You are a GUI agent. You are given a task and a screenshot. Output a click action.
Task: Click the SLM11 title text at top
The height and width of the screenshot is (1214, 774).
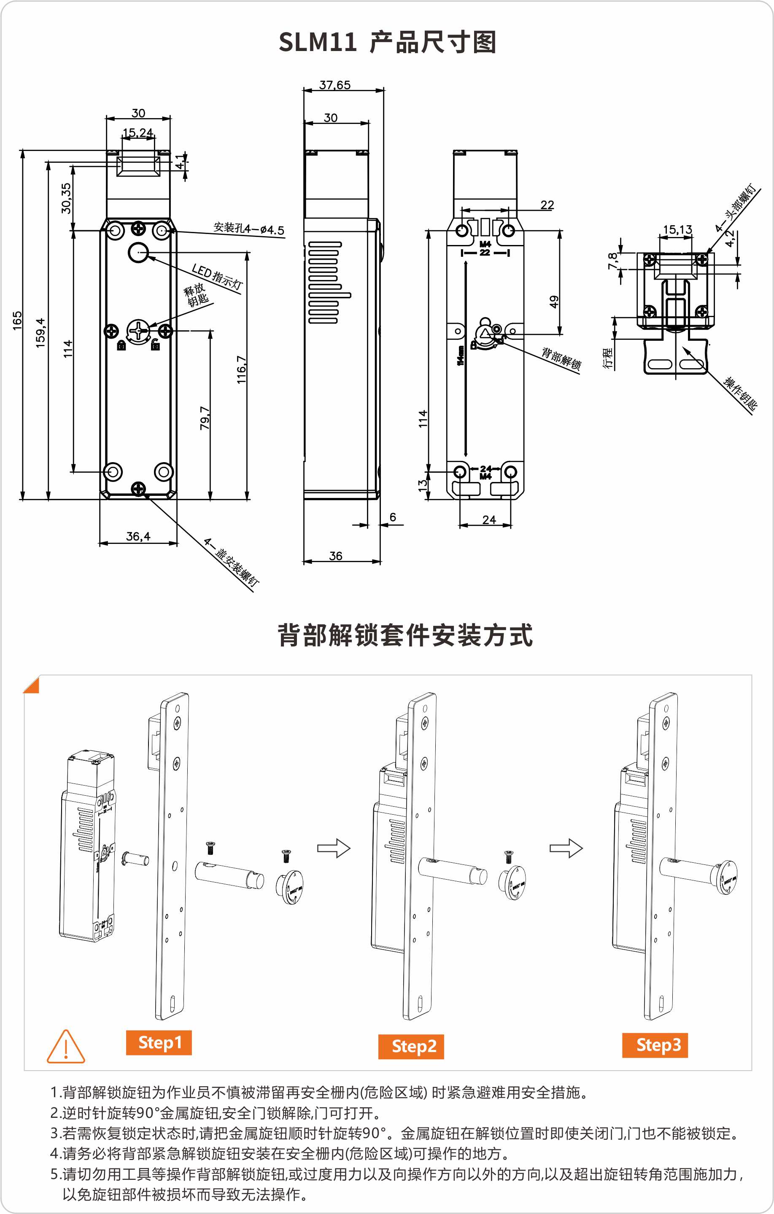(387, 42)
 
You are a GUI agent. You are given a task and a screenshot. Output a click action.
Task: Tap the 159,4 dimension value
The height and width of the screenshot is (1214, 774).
(41, 333)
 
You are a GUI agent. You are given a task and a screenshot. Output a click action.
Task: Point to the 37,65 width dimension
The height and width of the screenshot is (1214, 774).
(334, 85)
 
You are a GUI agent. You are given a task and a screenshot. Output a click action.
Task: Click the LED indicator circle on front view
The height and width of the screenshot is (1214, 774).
(138, 253)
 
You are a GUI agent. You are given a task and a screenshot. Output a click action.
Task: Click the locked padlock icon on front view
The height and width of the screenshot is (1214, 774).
(121, 345)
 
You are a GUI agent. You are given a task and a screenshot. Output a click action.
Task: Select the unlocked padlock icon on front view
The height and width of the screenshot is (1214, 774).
(155, 345)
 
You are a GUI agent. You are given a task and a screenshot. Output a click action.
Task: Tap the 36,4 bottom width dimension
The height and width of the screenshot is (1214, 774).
(138, 536)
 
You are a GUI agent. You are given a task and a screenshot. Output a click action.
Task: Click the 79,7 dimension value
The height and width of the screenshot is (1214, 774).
(205, 418)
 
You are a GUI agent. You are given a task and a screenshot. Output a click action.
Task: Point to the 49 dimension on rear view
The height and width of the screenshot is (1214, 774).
(554, 301)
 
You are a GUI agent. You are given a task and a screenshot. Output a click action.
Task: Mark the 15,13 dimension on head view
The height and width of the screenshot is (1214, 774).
(677, 230)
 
